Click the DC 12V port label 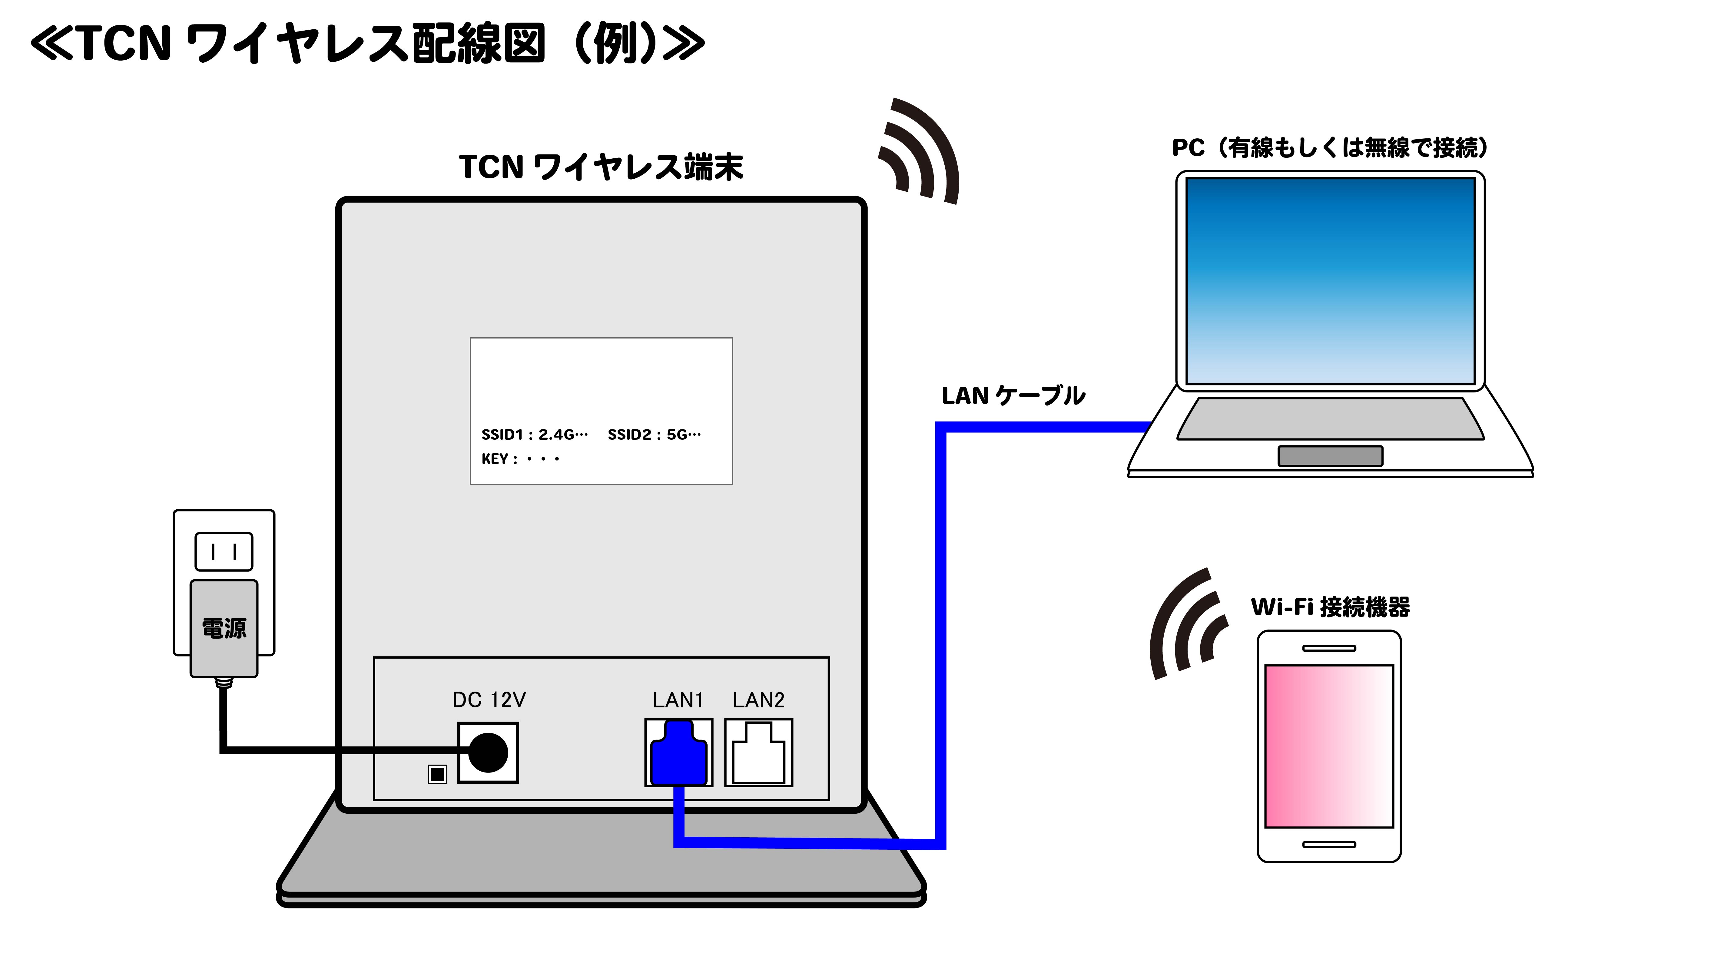click(x=489, y=700)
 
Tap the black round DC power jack click(x=488, y=753)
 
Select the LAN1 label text click(x=678, y=700)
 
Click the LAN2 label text click(x=758, y=700)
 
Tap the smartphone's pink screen click(x=1328, y=746)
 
